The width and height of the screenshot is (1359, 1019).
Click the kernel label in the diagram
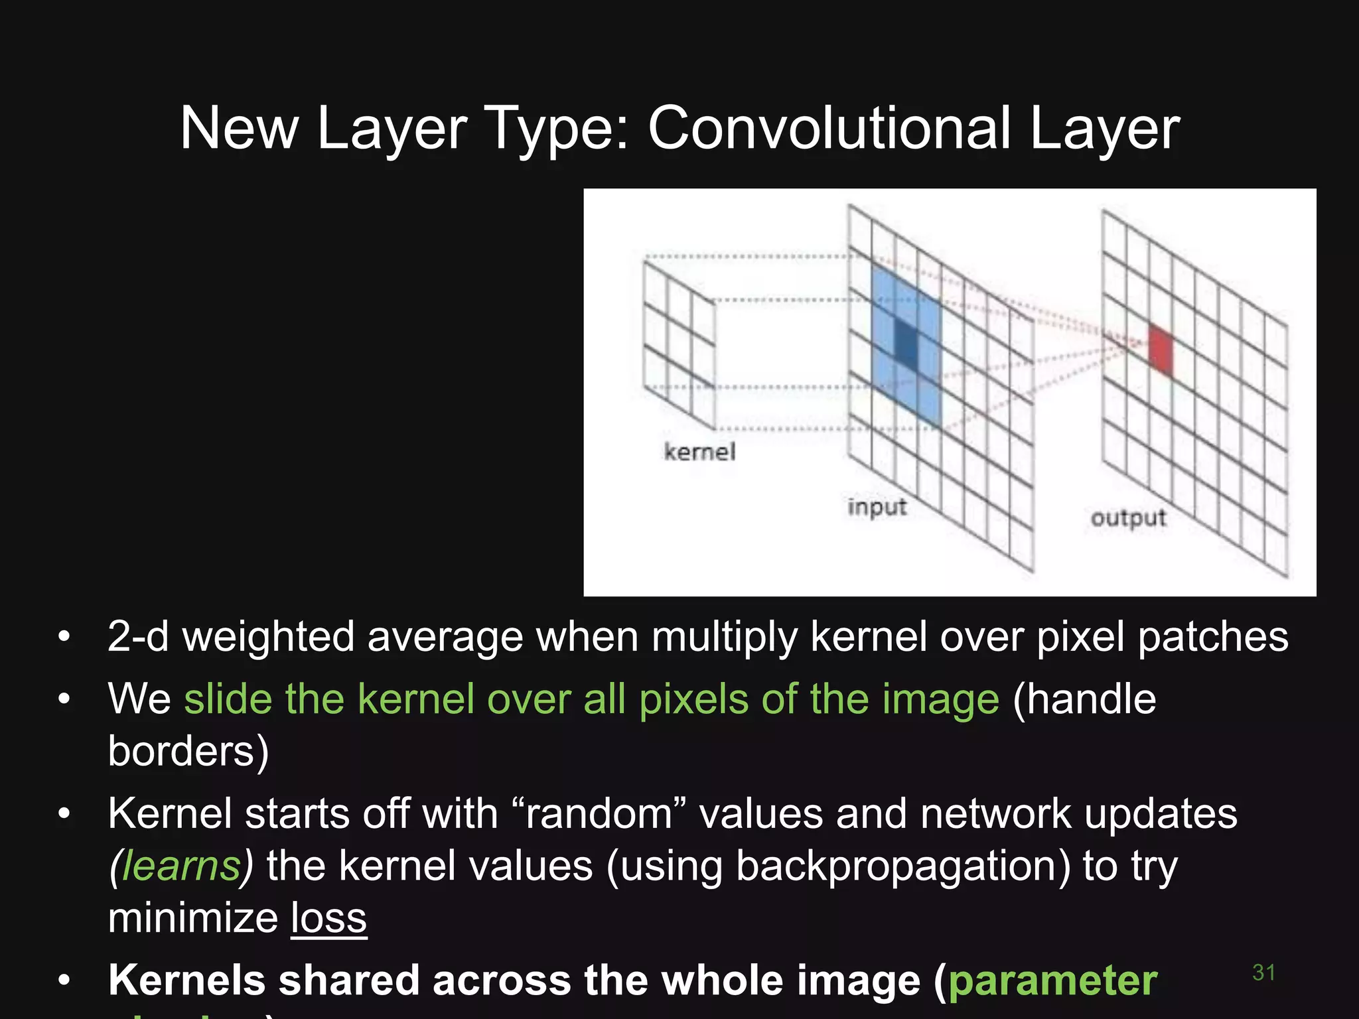[x=699, y=452]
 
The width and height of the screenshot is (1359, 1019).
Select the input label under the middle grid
[x=877, y=508]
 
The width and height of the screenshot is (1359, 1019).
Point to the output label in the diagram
[x=1128, y=518]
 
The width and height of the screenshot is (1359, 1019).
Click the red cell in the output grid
[x=1161, y=350]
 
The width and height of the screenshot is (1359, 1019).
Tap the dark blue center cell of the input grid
[x=906, y=343]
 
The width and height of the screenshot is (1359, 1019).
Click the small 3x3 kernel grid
[x=679, y=344]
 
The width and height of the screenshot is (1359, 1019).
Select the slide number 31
[x=1263, y=973]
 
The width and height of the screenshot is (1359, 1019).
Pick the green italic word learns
[x=181, y=866]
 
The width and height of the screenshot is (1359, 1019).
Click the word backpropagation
[x=903, y=866]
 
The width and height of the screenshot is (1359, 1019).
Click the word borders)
[x=188, y=752]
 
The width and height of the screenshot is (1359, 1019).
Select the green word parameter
[x=1053, y=981]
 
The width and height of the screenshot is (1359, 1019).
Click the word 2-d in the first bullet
[x=138, y=637]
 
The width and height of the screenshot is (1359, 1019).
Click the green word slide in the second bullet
[x=228, y=699]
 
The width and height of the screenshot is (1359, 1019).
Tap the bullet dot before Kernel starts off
[x=64, y=813]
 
